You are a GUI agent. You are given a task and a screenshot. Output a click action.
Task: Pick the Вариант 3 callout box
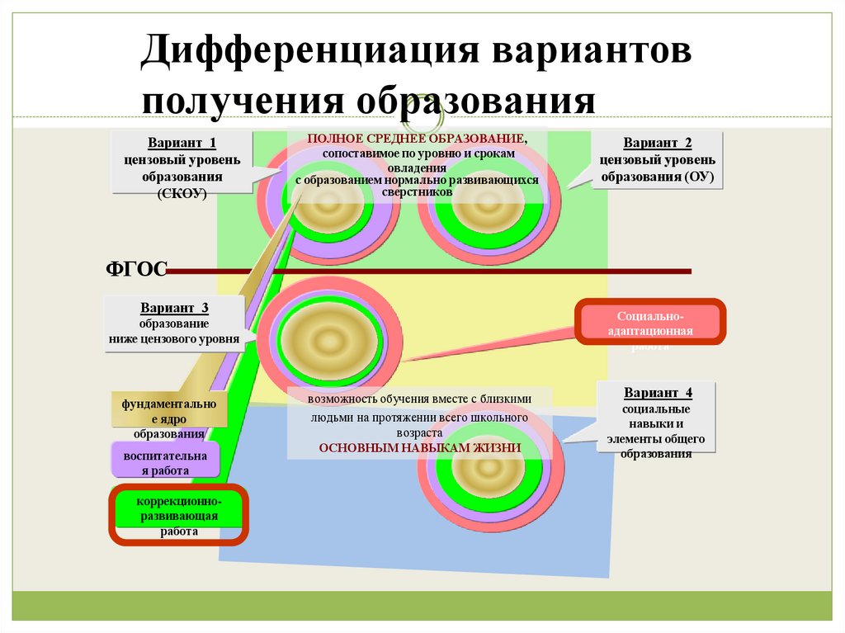[174, 324]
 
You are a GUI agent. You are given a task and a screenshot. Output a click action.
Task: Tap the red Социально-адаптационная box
[651, 323]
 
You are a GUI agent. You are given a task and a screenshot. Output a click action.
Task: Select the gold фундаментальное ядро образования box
[170, 418]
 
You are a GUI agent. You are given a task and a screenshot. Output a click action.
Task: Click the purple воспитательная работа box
[166, 463]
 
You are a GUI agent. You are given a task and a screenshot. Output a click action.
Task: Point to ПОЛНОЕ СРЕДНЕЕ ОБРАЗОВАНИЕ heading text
[416, 139]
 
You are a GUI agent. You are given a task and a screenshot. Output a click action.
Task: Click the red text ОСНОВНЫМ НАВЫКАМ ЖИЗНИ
[420, 447]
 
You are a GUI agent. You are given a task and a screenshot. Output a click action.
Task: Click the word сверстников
[417, 191]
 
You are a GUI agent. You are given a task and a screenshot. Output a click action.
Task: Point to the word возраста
[420, 432]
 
